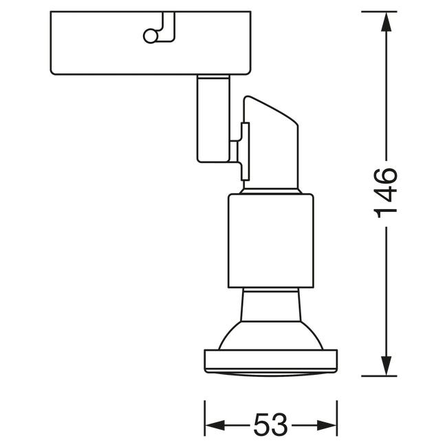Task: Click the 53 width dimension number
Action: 270,425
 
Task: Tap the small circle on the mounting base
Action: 151,36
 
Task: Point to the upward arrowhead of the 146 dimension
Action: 386,21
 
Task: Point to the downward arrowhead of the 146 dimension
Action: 386,366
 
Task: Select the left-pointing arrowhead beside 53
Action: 215,425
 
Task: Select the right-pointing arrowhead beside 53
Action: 327,425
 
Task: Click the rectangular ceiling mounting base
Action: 151,43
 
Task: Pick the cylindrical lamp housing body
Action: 271,241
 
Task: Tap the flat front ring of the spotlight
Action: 271,361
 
